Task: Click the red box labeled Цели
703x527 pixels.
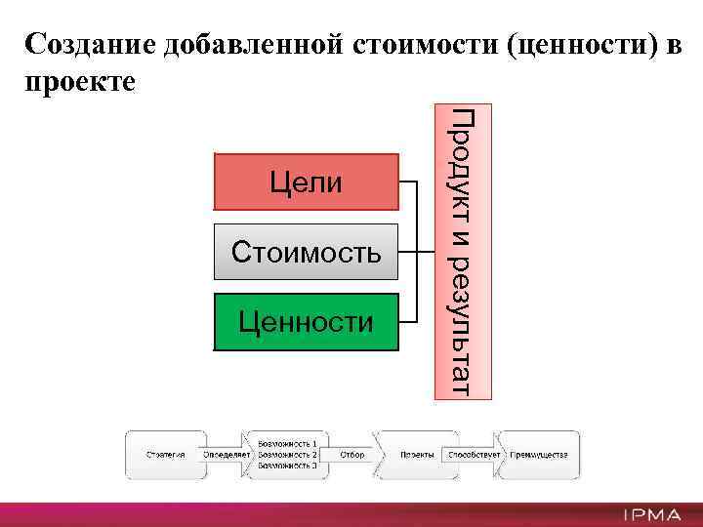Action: click(x=306, y=182)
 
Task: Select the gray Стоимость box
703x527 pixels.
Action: click(x=306, y=252)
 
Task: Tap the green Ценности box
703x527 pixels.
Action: click(x=306, y=321)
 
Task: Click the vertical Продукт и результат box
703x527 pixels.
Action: click(x=463, y=251)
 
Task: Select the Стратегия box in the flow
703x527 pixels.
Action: click(x=165, y=455)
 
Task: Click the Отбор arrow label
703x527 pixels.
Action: click(x=353, y=455)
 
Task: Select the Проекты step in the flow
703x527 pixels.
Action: click(x=416, y=455)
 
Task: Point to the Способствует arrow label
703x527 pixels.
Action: click(x=474, y=455)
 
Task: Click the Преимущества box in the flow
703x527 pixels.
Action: click(x=539, y=455)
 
